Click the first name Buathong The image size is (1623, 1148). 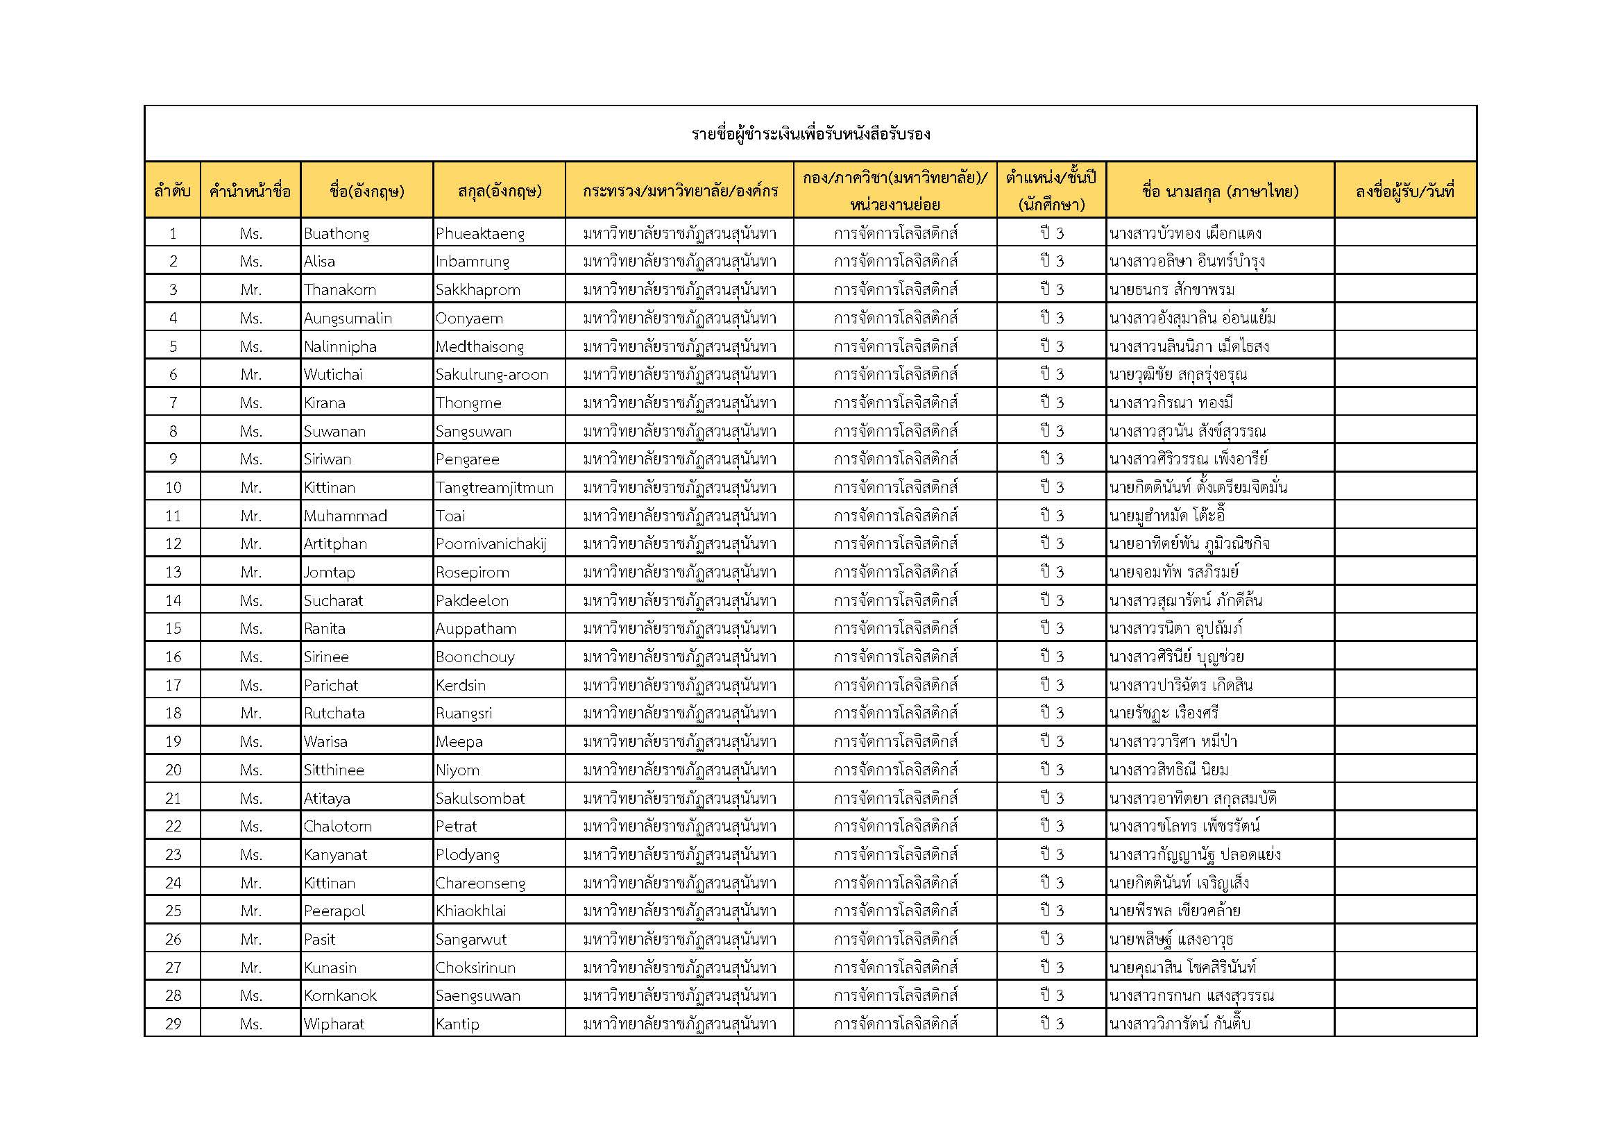(337, 233)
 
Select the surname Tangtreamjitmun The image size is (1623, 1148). (494, 488)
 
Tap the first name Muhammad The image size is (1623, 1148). (345, 516)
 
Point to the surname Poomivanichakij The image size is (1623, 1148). (491, 544)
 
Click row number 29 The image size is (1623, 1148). (173, 1024)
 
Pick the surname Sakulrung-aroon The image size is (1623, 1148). (491, 375)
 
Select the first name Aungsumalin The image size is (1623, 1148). (348, 318)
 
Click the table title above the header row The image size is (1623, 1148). (810, 133)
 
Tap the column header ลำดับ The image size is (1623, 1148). (173, 191)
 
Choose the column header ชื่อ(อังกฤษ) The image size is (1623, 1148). (367, 191)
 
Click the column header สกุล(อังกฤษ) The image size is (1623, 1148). (499, 191)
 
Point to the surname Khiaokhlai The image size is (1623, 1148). (470, 911)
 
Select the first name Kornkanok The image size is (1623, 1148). (340, 996)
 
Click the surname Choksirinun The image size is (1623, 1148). (475, 968)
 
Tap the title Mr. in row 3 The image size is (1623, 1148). (251, 290)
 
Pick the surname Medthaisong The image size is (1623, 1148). (479, 346)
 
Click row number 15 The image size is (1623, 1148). (173, 628)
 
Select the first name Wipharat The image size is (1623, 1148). (334, 1024)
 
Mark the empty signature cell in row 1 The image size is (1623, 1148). (1404, 233)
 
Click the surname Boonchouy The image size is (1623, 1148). (475, 657)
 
